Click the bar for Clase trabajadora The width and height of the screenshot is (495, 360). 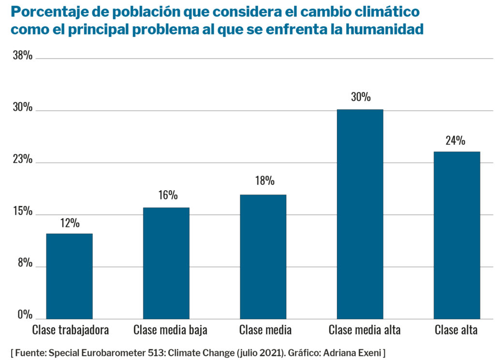[69, 276]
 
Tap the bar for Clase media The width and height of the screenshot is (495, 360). [262, 256]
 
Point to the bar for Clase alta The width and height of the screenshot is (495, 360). [456, 235]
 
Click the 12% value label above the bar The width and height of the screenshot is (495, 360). [70, 223]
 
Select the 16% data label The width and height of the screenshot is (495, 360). [168, 195]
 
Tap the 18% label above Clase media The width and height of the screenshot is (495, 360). [264, 181]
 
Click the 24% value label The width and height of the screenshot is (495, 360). [455, 141]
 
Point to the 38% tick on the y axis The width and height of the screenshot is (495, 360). [23, 56]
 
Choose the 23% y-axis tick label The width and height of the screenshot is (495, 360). [23, 160]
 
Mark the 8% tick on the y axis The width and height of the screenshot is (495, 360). [25, 264]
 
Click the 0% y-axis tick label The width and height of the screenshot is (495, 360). [25, 315]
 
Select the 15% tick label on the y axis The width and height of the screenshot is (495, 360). [23, 212]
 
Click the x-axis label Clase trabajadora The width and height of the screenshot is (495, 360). [71, 330]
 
